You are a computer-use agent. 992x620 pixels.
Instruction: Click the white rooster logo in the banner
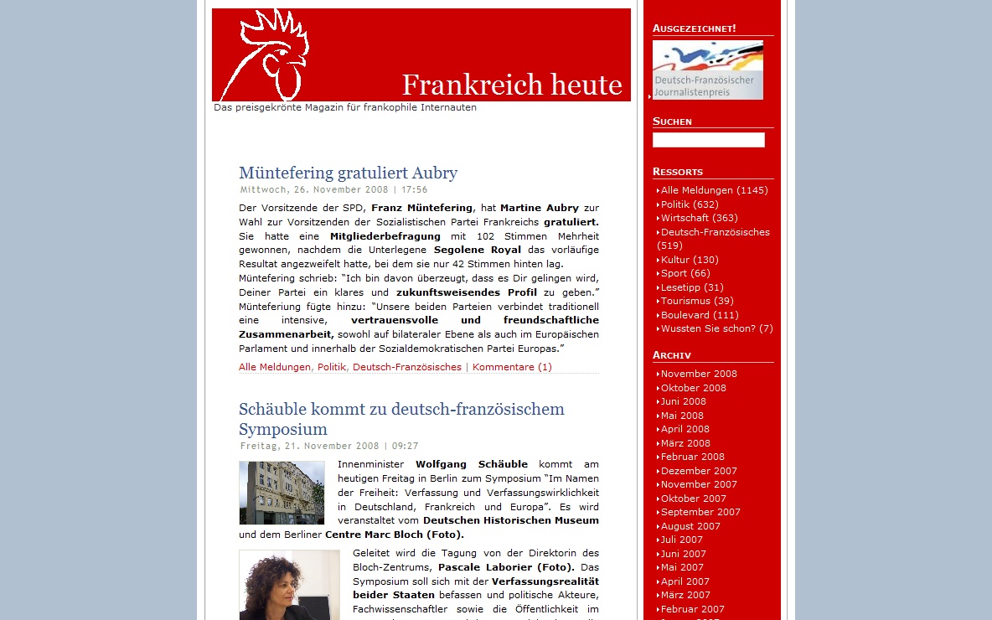pos(273,54)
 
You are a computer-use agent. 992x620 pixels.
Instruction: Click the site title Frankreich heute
pos(511,85)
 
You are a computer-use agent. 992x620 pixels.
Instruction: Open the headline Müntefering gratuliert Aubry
pos(348,173)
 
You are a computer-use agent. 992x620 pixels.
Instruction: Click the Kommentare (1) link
pos(512,367)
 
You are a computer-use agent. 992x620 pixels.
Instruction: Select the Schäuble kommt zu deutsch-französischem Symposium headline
pos(401,419)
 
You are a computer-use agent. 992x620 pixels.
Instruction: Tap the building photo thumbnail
pos(282,493)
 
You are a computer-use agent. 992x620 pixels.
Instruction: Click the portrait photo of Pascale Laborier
pos(289,584)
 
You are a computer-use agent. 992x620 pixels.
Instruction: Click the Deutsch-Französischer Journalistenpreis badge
pos(707,70)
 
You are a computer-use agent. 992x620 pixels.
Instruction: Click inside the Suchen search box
pos(708,140)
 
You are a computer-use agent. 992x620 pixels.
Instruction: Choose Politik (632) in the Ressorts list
pos(690,204)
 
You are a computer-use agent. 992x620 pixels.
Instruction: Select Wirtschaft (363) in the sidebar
pos(699,218)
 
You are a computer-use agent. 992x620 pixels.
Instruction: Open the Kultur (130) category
pos(690,260)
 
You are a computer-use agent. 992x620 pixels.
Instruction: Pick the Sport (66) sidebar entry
pos(685,273)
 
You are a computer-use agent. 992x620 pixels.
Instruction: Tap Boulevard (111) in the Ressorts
pos(700,315)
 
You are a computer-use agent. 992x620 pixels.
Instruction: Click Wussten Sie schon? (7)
pos(716,328)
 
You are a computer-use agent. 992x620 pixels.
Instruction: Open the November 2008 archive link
pos(699,374)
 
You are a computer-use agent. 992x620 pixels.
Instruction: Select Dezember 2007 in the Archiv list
pos(699,471)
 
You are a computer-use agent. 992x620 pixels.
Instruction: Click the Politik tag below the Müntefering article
pos(332,367)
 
